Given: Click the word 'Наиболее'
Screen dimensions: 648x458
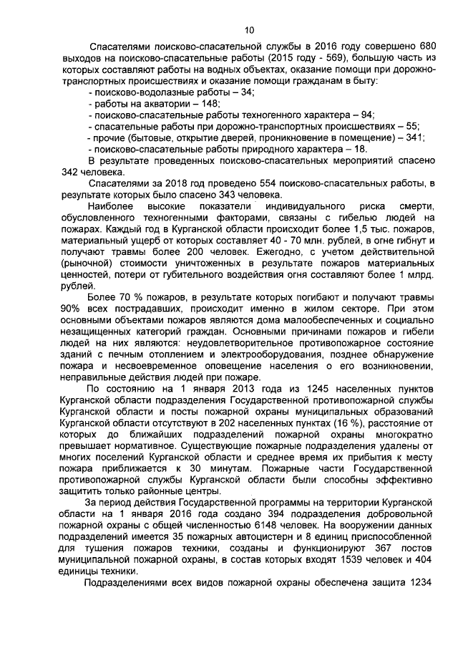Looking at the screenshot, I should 109,206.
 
